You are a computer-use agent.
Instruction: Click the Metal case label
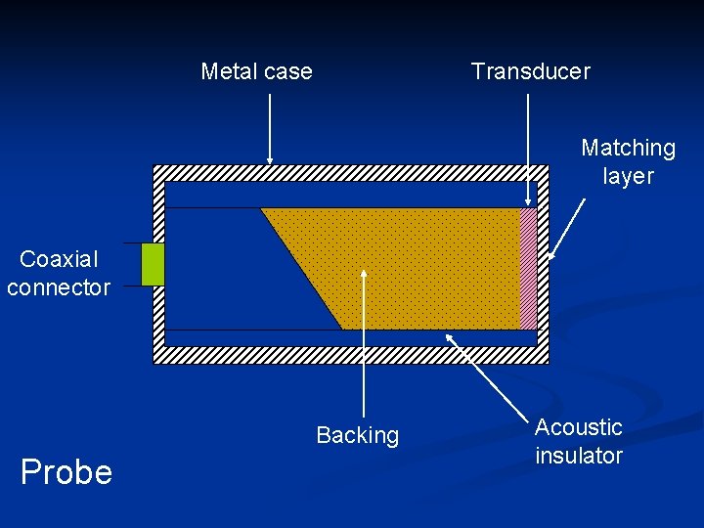[256, 71]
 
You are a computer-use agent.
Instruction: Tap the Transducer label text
[530, 71]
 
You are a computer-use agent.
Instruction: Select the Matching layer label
[628, 161]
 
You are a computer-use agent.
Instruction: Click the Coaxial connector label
[58, 273]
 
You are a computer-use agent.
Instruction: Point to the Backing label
[357, 435]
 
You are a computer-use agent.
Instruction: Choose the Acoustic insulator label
[579, 441]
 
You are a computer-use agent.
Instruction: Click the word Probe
[66, 472]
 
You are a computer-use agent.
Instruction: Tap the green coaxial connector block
[153, 264]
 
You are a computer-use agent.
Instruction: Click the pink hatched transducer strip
[529, 268]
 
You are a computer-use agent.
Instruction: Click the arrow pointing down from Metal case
[270, 127]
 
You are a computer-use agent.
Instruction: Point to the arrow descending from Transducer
[529, 147]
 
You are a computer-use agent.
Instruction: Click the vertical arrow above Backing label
[364, 342]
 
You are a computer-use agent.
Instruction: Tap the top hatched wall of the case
[352, 172]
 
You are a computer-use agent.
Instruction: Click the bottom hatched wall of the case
[352, 355]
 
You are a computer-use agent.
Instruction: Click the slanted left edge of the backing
[301, 269]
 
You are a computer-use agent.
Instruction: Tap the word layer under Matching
[628, 176]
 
